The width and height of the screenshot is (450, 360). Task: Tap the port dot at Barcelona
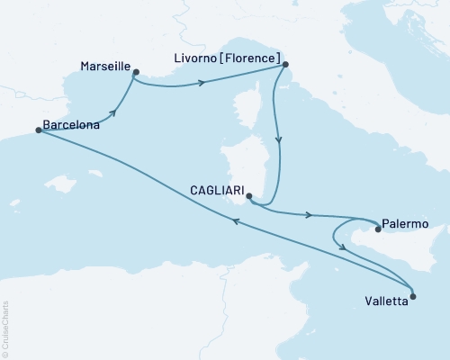(x=38, y=130)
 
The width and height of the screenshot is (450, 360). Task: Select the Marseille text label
(x=105, y=67)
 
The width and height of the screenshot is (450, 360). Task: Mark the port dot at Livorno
(x=284, y=65)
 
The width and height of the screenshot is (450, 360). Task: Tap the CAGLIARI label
(x=217, y=192)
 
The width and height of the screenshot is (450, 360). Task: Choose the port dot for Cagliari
(x=249, y=199)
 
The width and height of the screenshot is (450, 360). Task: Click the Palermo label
(x=404, y=221)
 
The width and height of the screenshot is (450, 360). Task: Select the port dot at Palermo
(x=378, y=229)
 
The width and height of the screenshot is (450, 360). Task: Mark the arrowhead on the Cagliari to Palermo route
(x=310, y=215)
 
